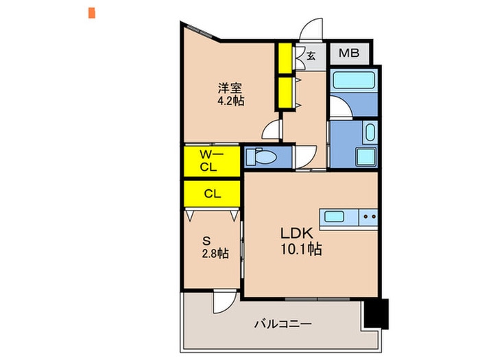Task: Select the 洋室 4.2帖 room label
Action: point(230,94)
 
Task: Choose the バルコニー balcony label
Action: point(283,324)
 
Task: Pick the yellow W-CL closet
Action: point(211,160)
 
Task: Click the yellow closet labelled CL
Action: point(212,193)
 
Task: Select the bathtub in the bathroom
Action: point(352,82)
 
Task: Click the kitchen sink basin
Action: point(335,217)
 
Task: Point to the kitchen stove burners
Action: point(368,217)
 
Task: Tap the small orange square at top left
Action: point(91,12)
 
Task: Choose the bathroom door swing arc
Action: point(338,108)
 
